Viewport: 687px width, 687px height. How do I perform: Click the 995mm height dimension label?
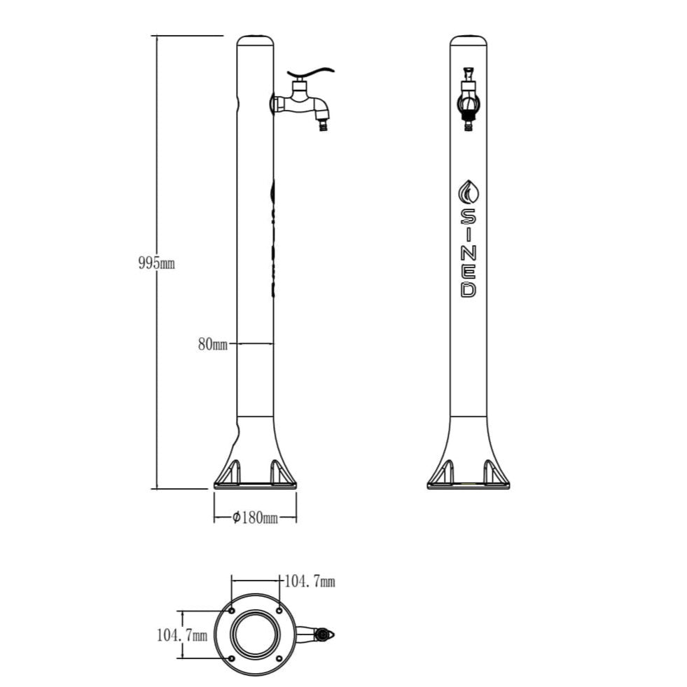pos(156,264)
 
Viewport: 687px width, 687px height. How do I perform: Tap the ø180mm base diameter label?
pos(255,518)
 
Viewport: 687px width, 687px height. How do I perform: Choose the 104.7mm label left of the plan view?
pos(181,635)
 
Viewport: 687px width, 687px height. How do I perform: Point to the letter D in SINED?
pos(468,289)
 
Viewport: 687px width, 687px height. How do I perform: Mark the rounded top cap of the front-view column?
pos(468,39)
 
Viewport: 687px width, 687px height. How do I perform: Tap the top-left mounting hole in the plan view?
pos(232,609)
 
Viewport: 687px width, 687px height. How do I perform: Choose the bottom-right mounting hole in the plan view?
pos(279,658)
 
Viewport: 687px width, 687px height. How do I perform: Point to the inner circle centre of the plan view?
pos(256,634)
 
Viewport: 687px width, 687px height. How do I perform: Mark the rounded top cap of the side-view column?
pos(255,39)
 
